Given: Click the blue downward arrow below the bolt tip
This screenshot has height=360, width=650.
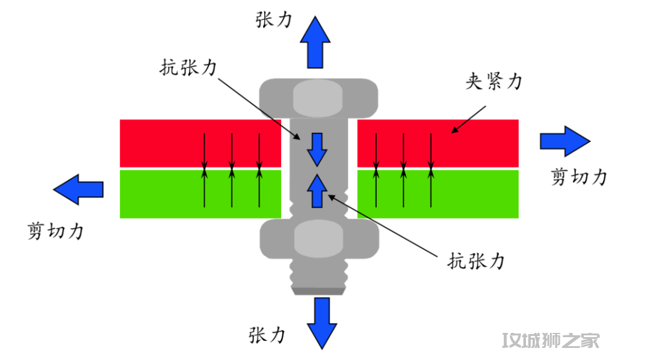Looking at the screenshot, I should (322, 323).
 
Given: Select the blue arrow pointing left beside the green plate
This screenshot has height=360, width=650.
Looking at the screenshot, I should (78, 189).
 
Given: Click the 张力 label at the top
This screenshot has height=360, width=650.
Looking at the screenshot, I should (274, 19).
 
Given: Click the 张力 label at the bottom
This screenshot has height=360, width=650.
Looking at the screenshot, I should (267, 335).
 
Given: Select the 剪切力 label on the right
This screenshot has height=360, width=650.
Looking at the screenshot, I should (579, 176).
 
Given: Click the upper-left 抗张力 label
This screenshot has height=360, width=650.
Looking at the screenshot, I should (188, 67).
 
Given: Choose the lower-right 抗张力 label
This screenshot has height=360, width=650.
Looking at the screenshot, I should (475, 261).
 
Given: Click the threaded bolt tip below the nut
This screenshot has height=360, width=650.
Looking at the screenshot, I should (319, 277).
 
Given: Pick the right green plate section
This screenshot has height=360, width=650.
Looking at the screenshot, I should (438, 194).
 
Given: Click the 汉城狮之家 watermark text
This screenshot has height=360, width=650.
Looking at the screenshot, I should (551, 341).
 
